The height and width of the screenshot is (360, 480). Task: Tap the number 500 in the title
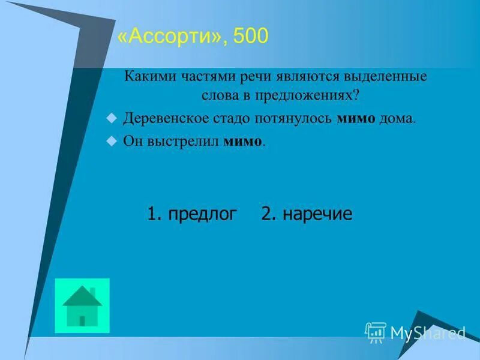click(x=248, y=38)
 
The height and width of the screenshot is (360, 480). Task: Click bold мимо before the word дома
click(x=356, y=118)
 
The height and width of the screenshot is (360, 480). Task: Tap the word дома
click(x=397, y=118)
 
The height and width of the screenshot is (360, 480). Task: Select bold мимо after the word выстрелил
click(x=243, y=142)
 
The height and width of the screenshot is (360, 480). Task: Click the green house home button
click(x=82, y=305)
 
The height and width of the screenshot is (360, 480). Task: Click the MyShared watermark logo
click(x=415, y=332)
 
